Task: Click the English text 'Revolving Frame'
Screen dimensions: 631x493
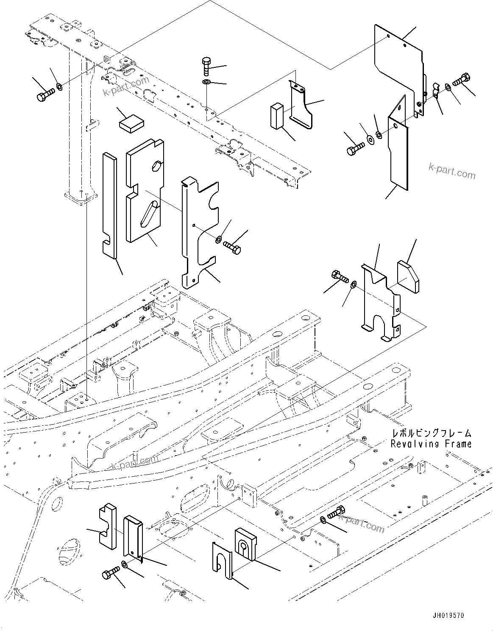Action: pos(431,444)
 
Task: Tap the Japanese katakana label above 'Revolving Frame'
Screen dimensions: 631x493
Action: pos(431,433)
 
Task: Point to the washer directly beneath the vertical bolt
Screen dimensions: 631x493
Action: pos(206,81)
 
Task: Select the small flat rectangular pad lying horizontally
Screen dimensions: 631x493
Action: pos(132,123)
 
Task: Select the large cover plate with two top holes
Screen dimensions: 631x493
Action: pos(398,64)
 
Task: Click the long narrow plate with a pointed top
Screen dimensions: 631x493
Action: pos(398,148)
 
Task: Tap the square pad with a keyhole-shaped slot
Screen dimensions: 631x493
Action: pos(246,544)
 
